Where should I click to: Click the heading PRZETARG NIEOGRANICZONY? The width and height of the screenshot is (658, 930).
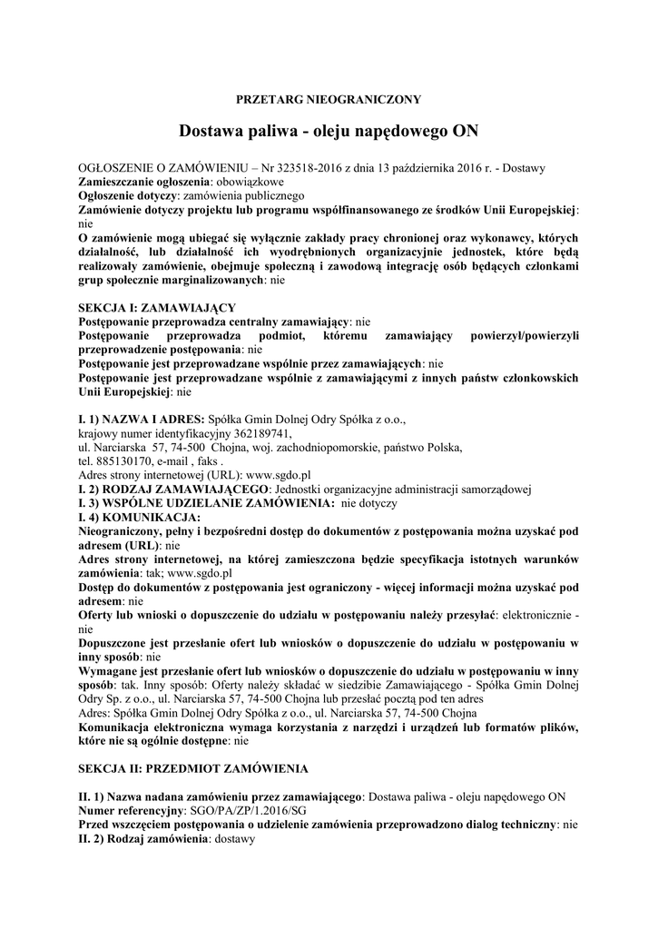click(x=329, y=97)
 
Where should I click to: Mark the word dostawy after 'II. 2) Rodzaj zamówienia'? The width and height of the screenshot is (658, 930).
click(x=235, y=838)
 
